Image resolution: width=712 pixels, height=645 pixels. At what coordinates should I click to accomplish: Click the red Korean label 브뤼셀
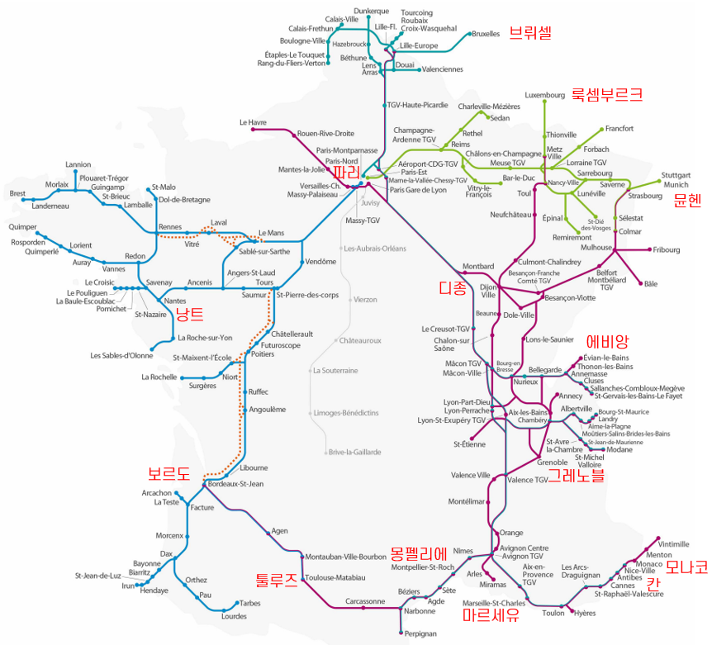pos(529,33)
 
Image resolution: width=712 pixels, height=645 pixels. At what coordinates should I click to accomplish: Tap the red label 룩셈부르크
pos(607,94)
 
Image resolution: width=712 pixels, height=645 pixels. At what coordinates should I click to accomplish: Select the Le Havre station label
pos(254,122)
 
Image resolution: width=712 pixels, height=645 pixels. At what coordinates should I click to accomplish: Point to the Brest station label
pos(17,193)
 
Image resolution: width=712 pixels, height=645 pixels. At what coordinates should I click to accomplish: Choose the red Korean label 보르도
pos(169,473)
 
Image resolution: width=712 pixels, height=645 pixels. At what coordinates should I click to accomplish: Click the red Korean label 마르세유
pos(491,615)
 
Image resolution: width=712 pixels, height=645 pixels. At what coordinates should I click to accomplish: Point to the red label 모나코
pos(687,567)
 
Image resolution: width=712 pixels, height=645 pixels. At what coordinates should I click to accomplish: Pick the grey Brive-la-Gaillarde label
pos(355,452)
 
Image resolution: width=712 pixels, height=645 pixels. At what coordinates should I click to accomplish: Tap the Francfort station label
pos(619,129)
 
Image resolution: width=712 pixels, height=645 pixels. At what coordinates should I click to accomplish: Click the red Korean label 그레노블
pos(577,475)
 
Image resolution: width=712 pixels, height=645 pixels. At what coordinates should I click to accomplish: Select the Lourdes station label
pos(235,616)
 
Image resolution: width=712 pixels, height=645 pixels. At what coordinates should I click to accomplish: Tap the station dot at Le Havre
pos(272,130)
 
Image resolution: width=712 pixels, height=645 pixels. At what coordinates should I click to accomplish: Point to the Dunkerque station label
pos(371,11)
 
